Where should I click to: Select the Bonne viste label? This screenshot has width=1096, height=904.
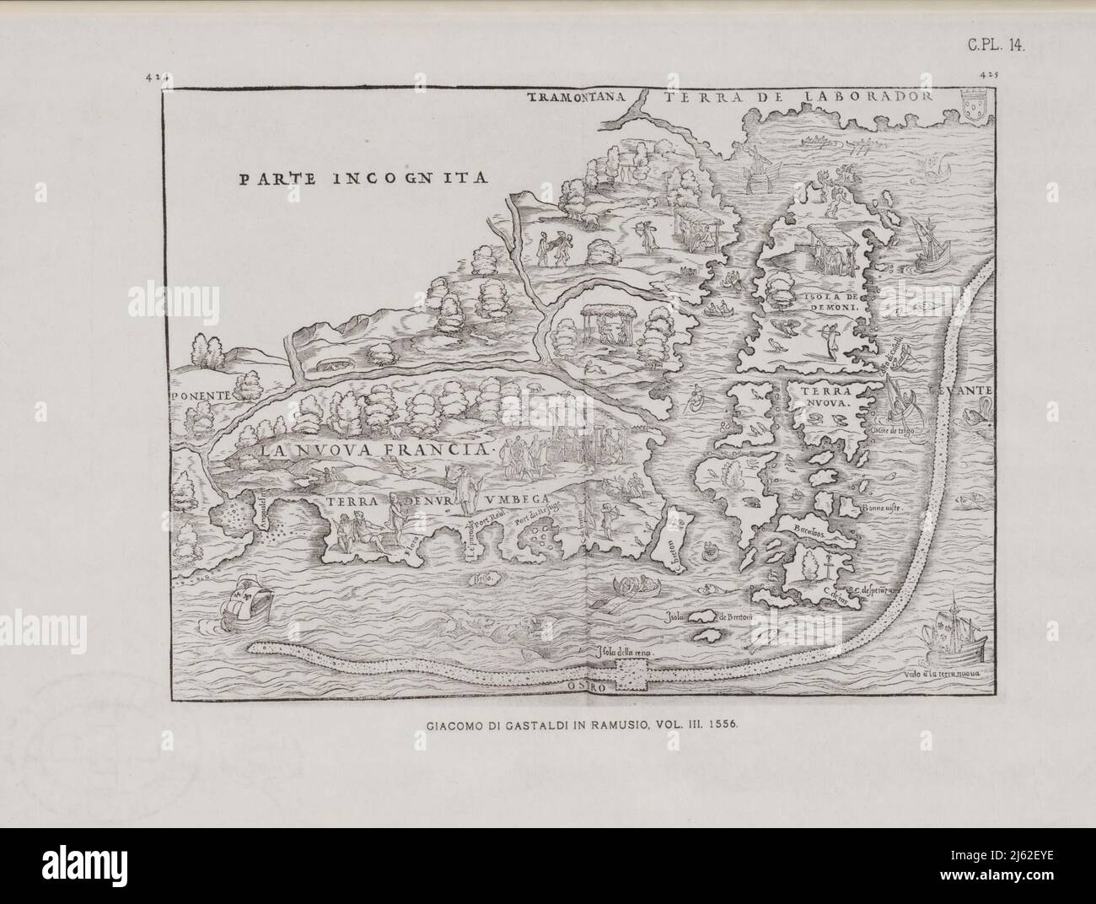click(882, 509)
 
